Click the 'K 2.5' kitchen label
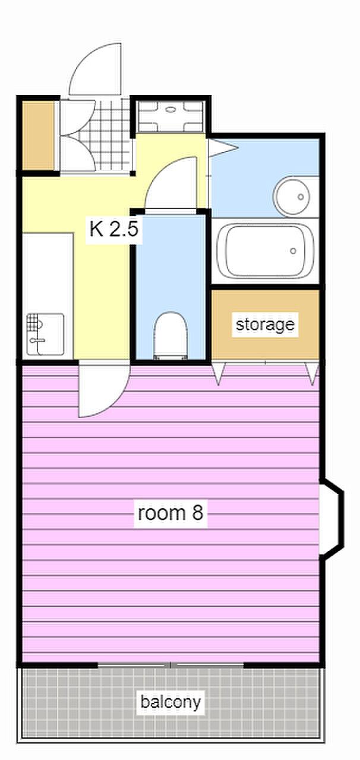(x=114, y=229)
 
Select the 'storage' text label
(x=265, y=325)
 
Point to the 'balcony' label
(x=170, y=702)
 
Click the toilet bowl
(x=170, y=335)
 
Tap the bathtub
(x=265, y=251)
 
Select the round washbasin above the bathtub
(x=292, y=196)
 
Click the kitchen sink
(x=46, y=334)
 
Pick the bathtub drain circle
(x=293, y=251)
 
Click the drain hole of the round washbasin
(x=301, y=197)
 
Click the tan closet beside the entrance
(x=38, y=136)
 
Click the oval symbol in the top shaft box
(x=171, y=109)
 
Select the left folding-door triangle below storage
(x=218, y=373)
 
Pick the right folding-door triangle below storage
(x=312, y=373)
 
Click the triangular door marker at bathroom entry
(x=222, y=148)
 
